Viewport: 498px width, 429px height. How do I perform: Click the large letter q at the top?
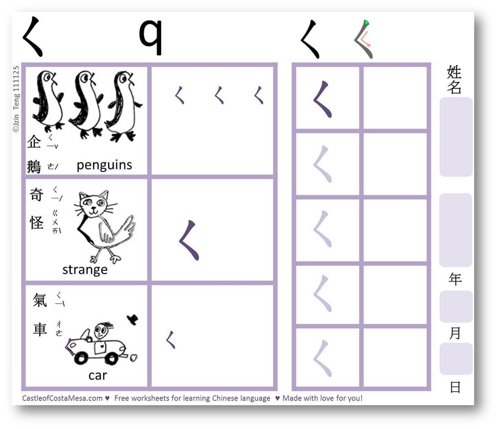(x=151, y=37)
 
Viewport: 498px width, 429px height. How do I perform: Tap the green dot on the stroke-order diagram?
(x=366, y=23)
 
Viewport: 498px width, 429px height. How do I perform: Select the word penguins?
(x=104, y=166)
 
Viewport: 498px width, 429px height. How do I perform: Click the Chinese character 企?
(x=34, y=142)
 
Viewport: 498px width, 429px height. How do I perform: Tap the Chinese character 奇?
(x=36, y=195)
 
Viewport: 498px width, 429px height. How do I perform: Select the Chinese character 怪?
(x=37, y=222)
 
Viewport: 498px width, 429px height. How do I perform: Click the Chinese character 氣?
(x=40, y=300)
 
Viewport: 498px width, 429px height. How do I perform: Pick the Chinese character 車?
(x=40, y=329)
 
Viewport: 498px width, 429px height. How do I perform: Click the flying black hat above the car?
(x=133, y=319)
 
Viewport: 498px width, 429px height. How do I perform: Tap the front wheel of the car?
(x=81, y=358)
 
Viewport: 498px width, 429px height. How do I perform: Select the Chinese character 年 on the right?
(x=455, y=279)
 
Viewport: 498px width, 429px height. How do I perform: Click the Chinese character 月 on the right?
(x=455, y=333)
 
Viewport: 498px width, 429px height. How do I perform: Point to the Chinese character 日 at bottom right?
(x=455, y=387)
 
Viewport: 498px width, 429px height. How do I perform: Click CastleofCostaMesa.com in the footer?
(x=62, y=398)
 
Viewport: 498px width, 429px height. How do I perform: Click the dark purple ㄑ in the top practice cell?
(x=322, y=99)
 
